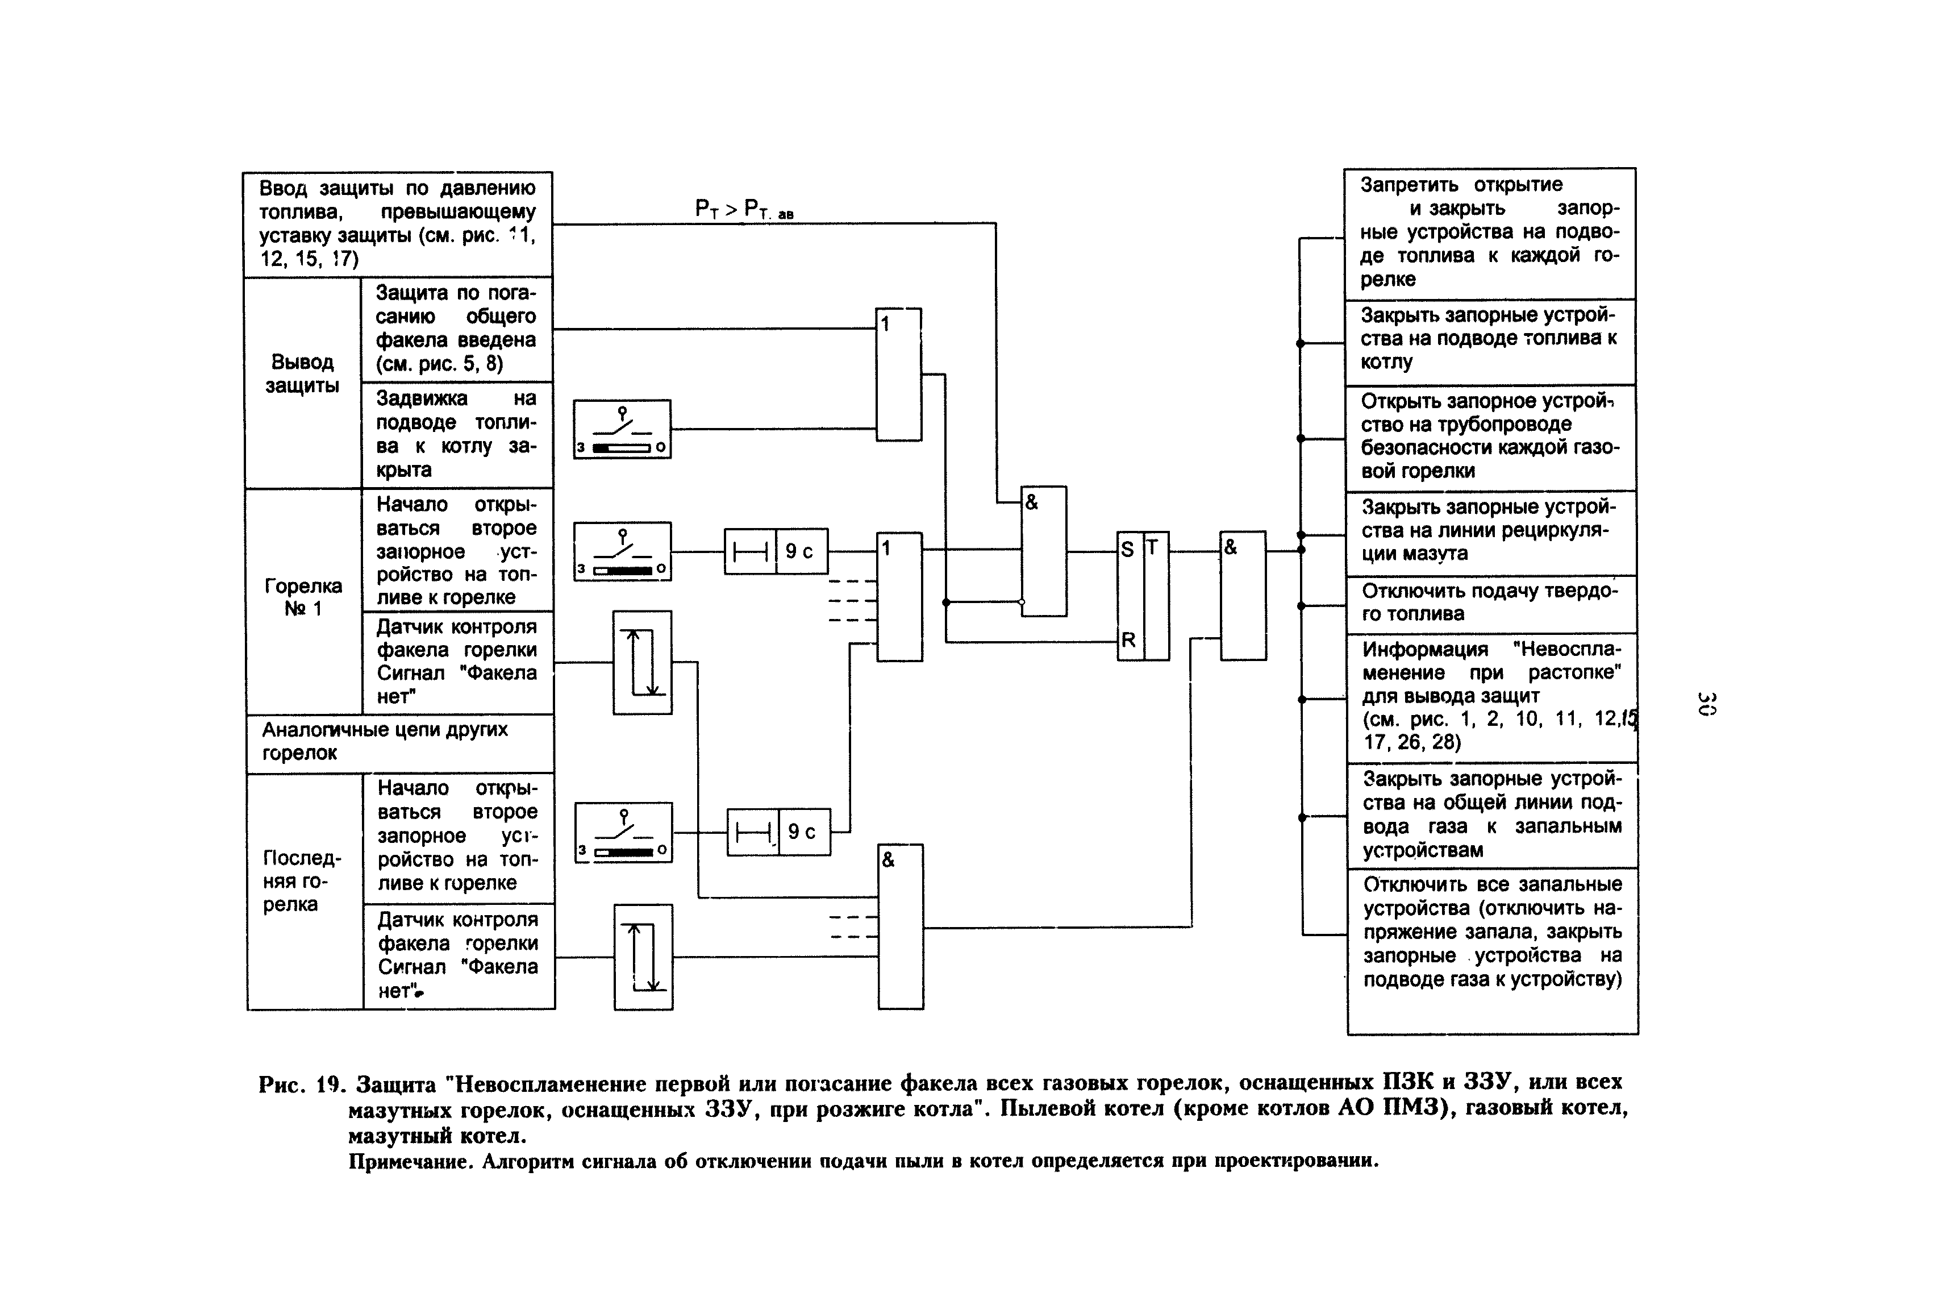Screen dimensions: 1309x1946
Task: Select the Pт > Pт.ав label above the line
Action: pyautogui.click(x=744, y=209)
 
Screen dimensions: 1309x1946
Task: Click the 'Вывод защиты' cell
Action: pyautogui.click(x=302, y=374)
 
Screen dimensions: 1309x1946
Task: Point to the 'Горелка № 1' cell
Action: pyautogui.click(x=303, y=597)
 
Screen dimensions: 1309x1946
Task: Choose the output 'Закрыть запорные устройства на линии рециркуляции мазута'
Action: pyautogui.click(x=1490, y=531)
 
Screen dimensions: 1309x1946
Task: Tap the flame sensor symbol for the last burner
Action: pyautogui.click(x=643, y=957)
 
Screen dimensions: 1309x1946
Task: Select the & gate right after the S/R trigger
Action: pyautogui.click(x=1243, y=595)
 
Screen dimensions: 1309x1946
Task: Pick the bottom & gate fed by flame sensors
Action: pyautogui.click(x=901, y=926)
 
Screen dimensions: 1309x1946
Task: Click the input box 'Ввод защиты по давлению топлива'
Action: pyautogui.click(x=397, y=224)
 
